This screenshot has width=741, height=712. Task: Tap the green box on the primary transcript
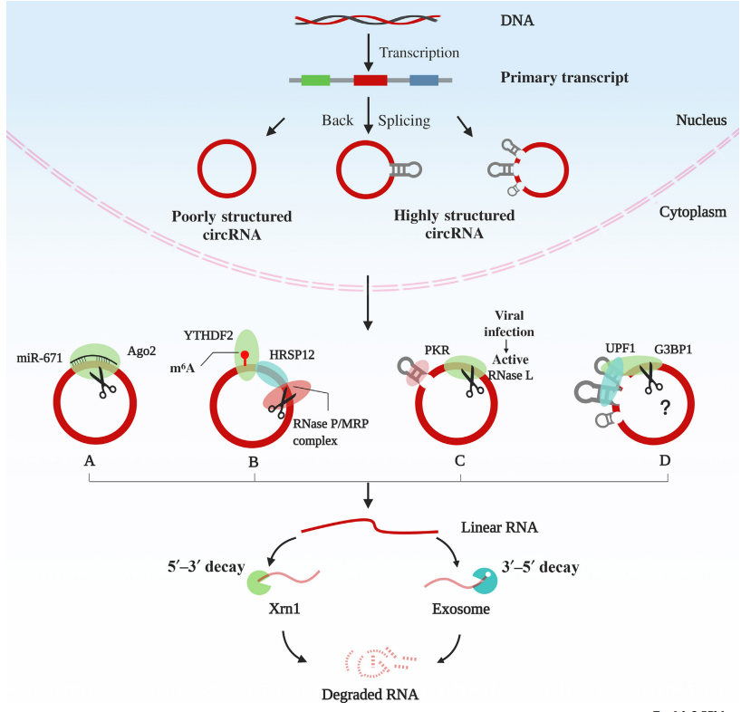coord(315,80)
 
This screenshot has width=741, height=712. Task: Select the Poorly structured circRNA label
coord(231,226)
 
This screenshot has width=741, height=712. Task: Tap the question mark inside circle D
coord(664,408)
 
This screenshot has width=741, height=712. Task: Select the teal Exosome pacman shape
coord(486,580)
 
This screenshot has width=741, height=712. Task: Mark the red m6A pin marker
coord(244,356)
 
